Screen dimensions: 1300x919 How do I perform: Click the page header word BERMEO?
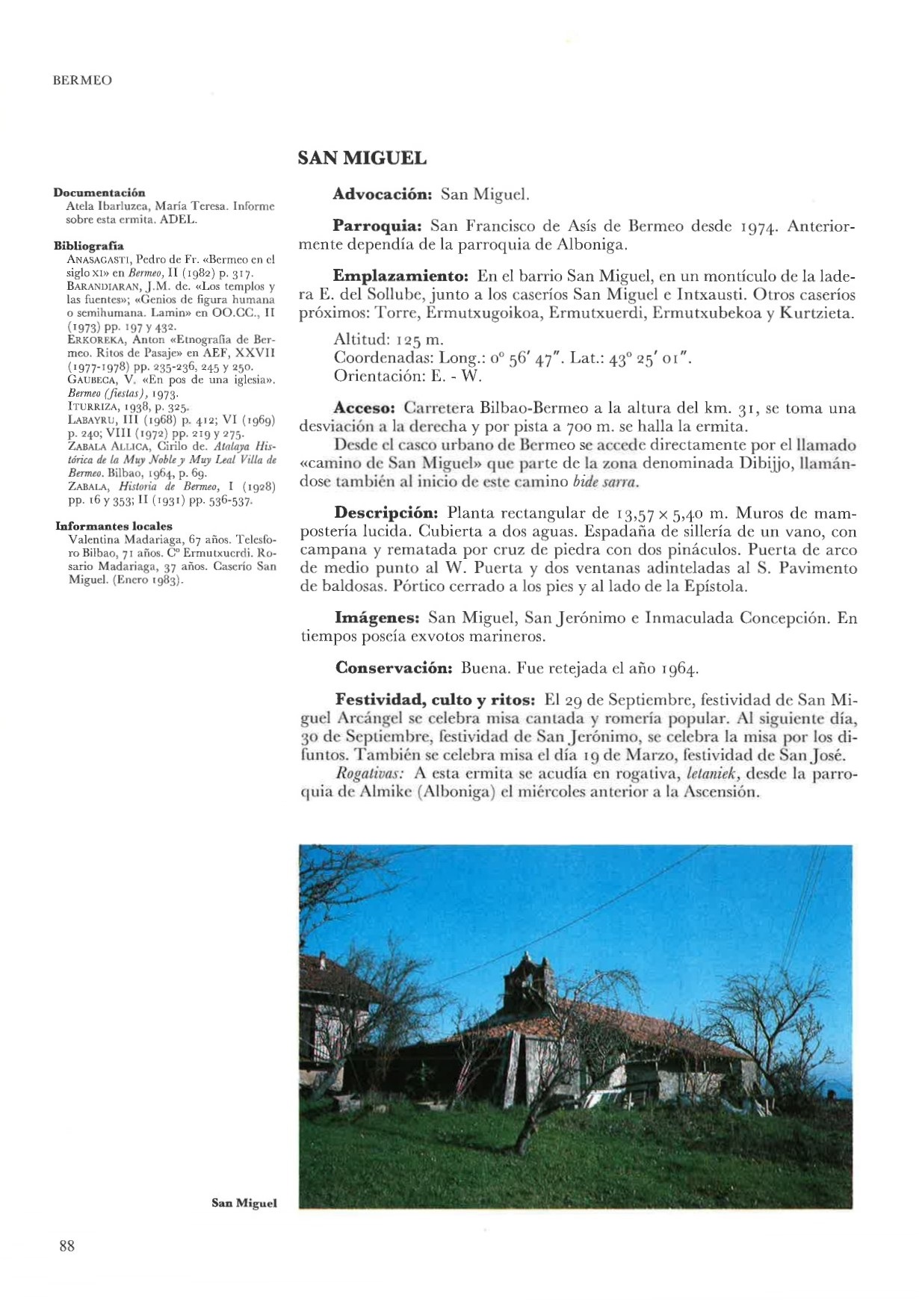pos(82,80)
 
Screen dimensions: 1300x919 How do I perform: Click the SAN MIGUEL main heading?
pos(362,158)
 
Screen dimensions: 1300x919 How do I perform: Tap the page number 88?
pos(66,1245)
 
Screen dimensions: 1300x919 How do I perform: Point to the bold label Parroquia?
pos(378,226)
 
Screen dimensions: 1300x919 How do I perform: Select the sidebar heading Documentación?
pos(99,192)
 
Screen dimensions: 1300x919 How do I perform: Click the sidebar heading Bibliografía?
pos(89,245)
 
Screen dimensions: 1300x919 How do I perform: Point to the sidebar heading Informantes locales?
pos(114,526)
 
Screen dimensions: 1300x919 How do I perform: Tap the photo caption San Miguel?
pos(244,1203)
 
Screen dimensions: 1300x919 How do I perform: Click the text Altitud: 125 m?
pos(389,340)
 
